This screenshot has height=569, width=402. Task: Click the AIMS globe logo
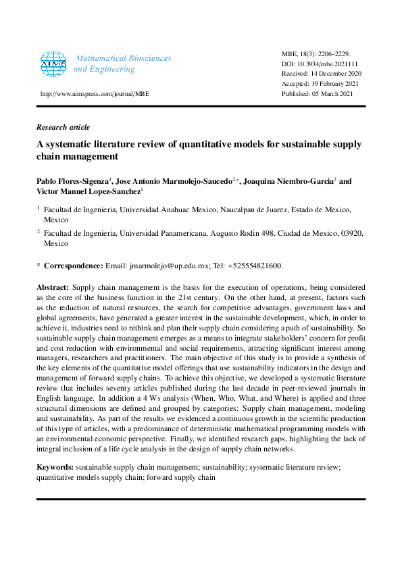(x=54, y=64)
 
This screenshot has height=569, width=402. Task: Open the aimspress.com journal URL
(x=95, y=94)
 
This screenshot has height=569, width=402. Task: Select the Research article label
(x=63, y=127)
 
